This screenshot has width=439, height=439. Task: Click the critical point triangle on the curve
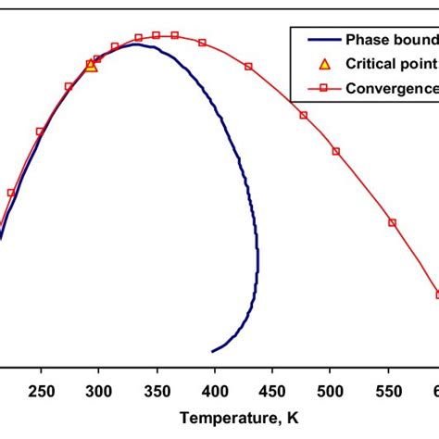[91, 66]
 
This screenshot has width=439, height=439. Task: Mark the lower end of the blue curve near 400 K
[214, 351]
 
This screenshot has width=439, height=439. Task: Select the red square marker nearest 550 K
[393, 222]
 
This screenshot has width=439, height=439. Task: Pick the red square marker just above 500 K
[335, 151]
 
